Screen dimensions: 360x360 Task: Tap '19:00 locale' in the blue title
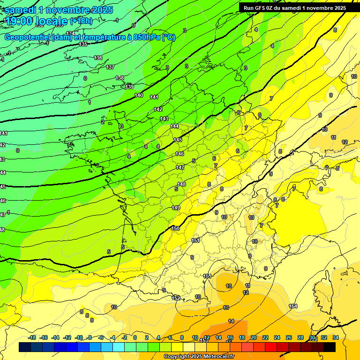pos(36,21)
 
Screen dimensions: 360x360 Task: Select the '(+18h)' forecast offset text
pos(81,21)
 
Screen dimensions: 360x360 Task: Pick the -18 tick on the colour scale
pos(32,337)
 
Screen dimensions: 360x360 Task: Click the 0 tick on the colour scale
pos(135,337)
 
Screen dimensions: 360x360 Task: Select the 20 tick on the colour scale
pos(253,337)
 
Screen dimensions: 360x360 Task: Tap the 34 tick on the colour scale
pos(336,337)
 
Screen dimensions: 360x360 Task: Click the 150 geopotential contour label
pos(176,228)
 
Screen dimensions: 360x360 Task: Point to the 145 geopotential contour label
pos(178,140)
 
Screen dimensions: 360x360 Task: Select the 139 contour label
pos(130,87)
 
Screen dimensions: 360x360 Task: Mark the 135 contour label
pos(83,44)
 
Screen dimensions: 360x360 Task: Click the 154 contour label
pos(293,306)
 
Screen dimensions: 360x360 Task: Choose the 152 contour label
pos(176,298)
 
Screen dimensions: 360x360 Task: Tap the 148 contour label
pos(182,184)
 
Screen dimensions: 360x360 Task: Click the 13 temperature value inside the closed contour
pos(229,285)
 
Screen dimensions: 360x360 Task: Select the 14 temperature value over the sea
pos(231,321)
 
